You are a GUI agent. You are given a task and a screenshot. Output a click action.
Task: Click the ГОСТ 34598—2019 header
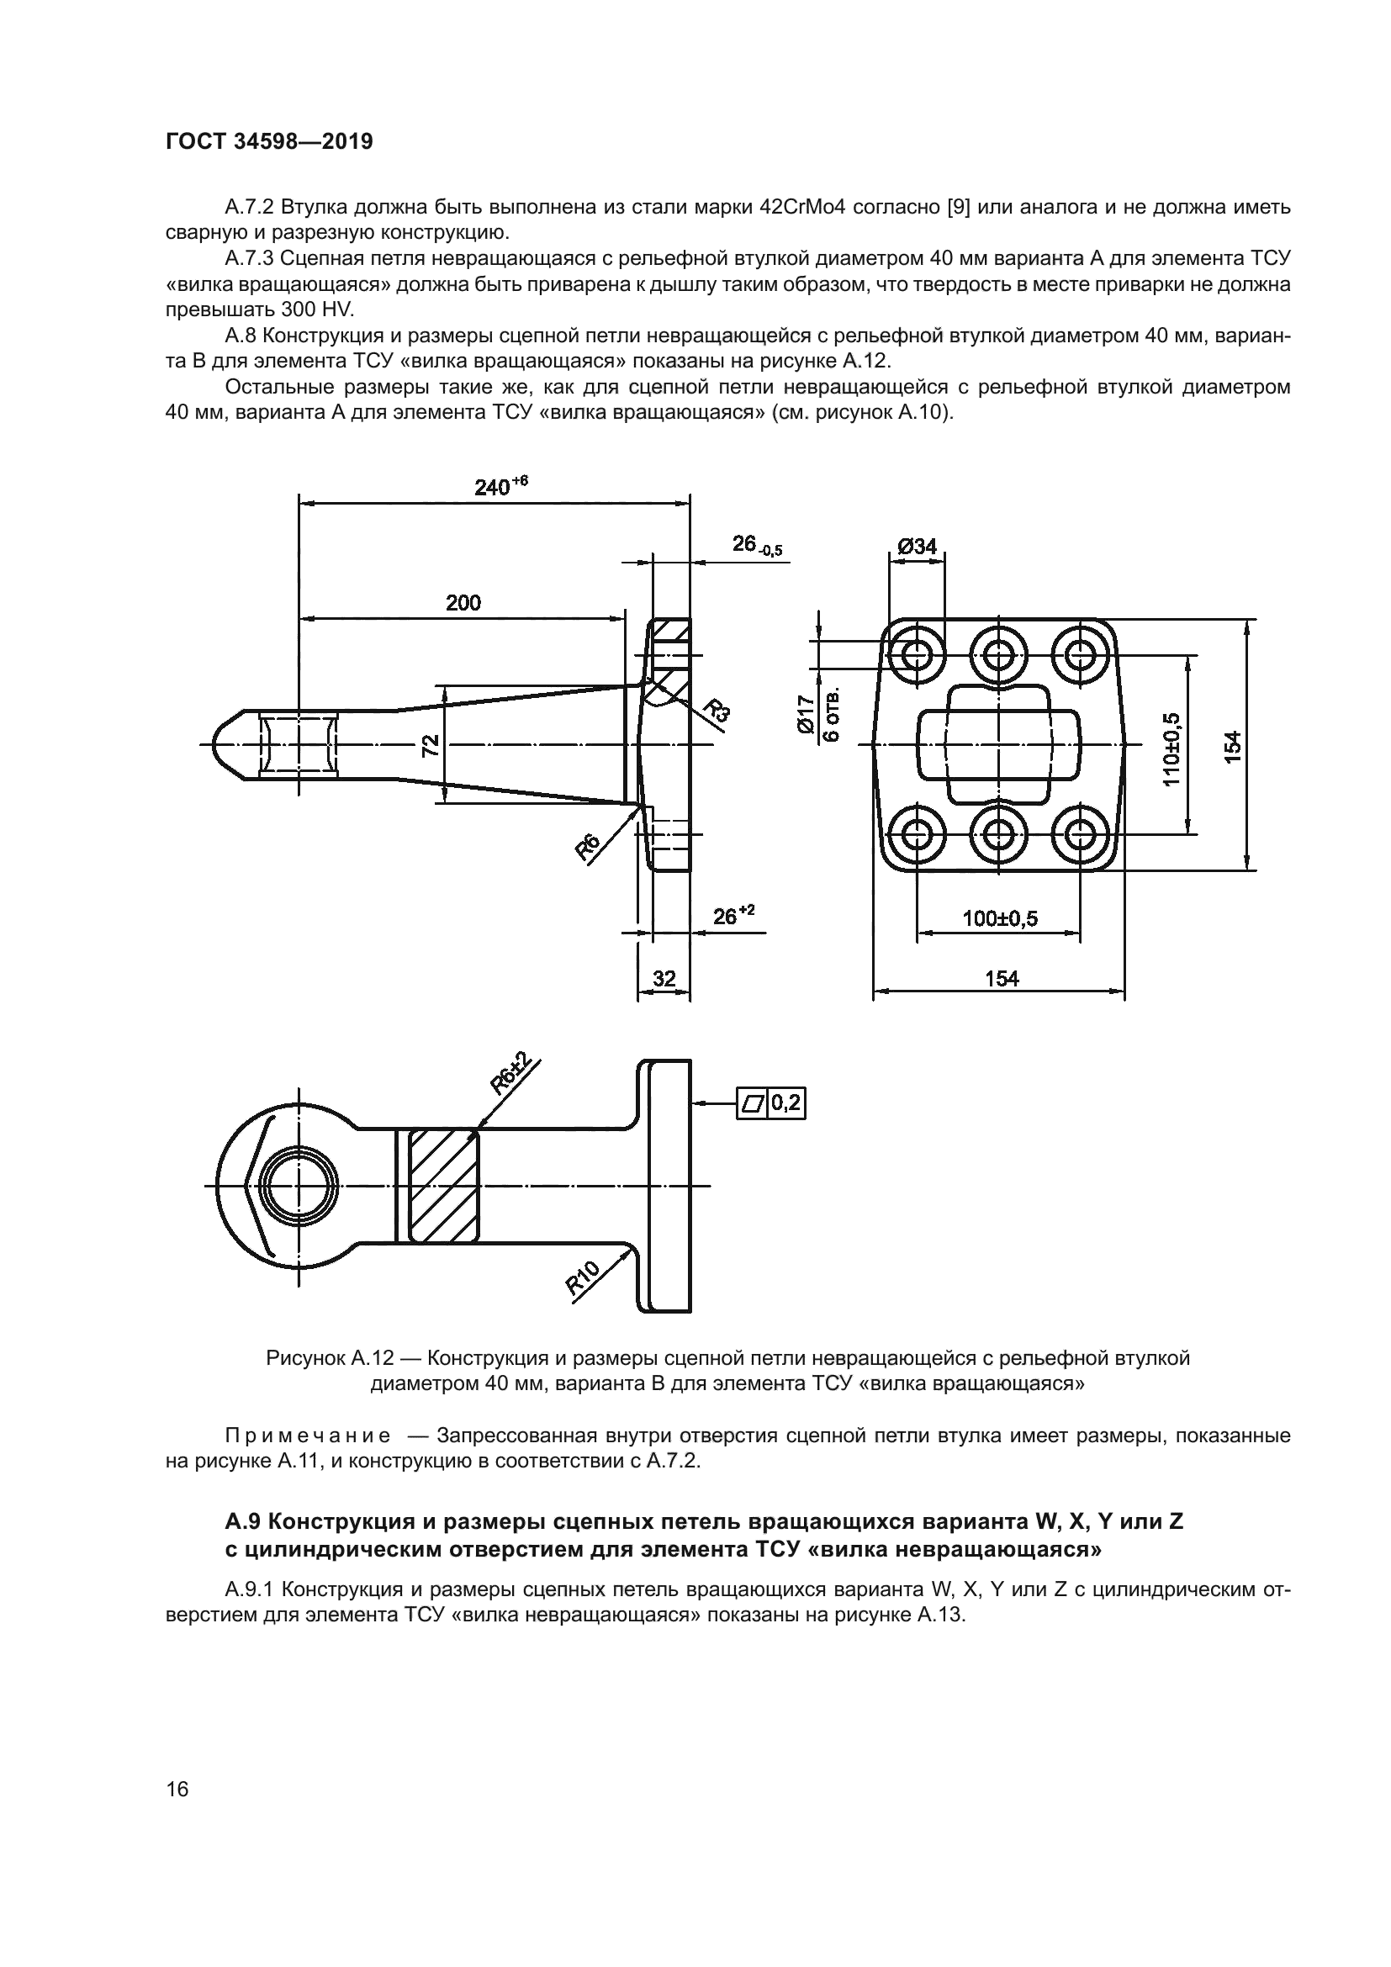pos(269,142)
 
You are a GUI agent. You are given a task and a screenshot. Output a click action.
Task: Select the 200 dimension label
pos(463,602)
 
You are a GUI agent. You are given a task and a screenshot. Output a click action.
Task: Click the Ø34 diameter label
pos(918,546)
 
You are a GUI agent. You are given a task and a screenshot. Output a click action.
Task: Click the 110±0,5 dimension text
pos(1172,748)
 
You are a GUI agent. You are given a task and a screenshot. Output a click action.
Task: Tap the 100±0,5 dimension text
pos(1001,918)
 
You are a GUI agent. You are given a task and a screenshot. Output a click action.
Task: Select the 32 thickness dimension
pos(664,978)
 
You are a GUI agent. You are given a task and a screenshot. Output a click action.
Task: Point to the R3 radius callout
pos(717,711)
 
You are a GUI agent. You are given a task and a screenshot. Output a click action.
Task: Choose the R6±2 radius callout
pos(511,1076)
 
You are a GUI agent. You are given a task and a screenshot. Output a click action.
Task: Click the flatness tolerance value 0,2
pos(785,1102)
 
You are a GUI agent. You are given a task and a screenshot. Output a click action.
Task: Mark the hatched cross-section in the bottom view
pos(444,1187)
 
